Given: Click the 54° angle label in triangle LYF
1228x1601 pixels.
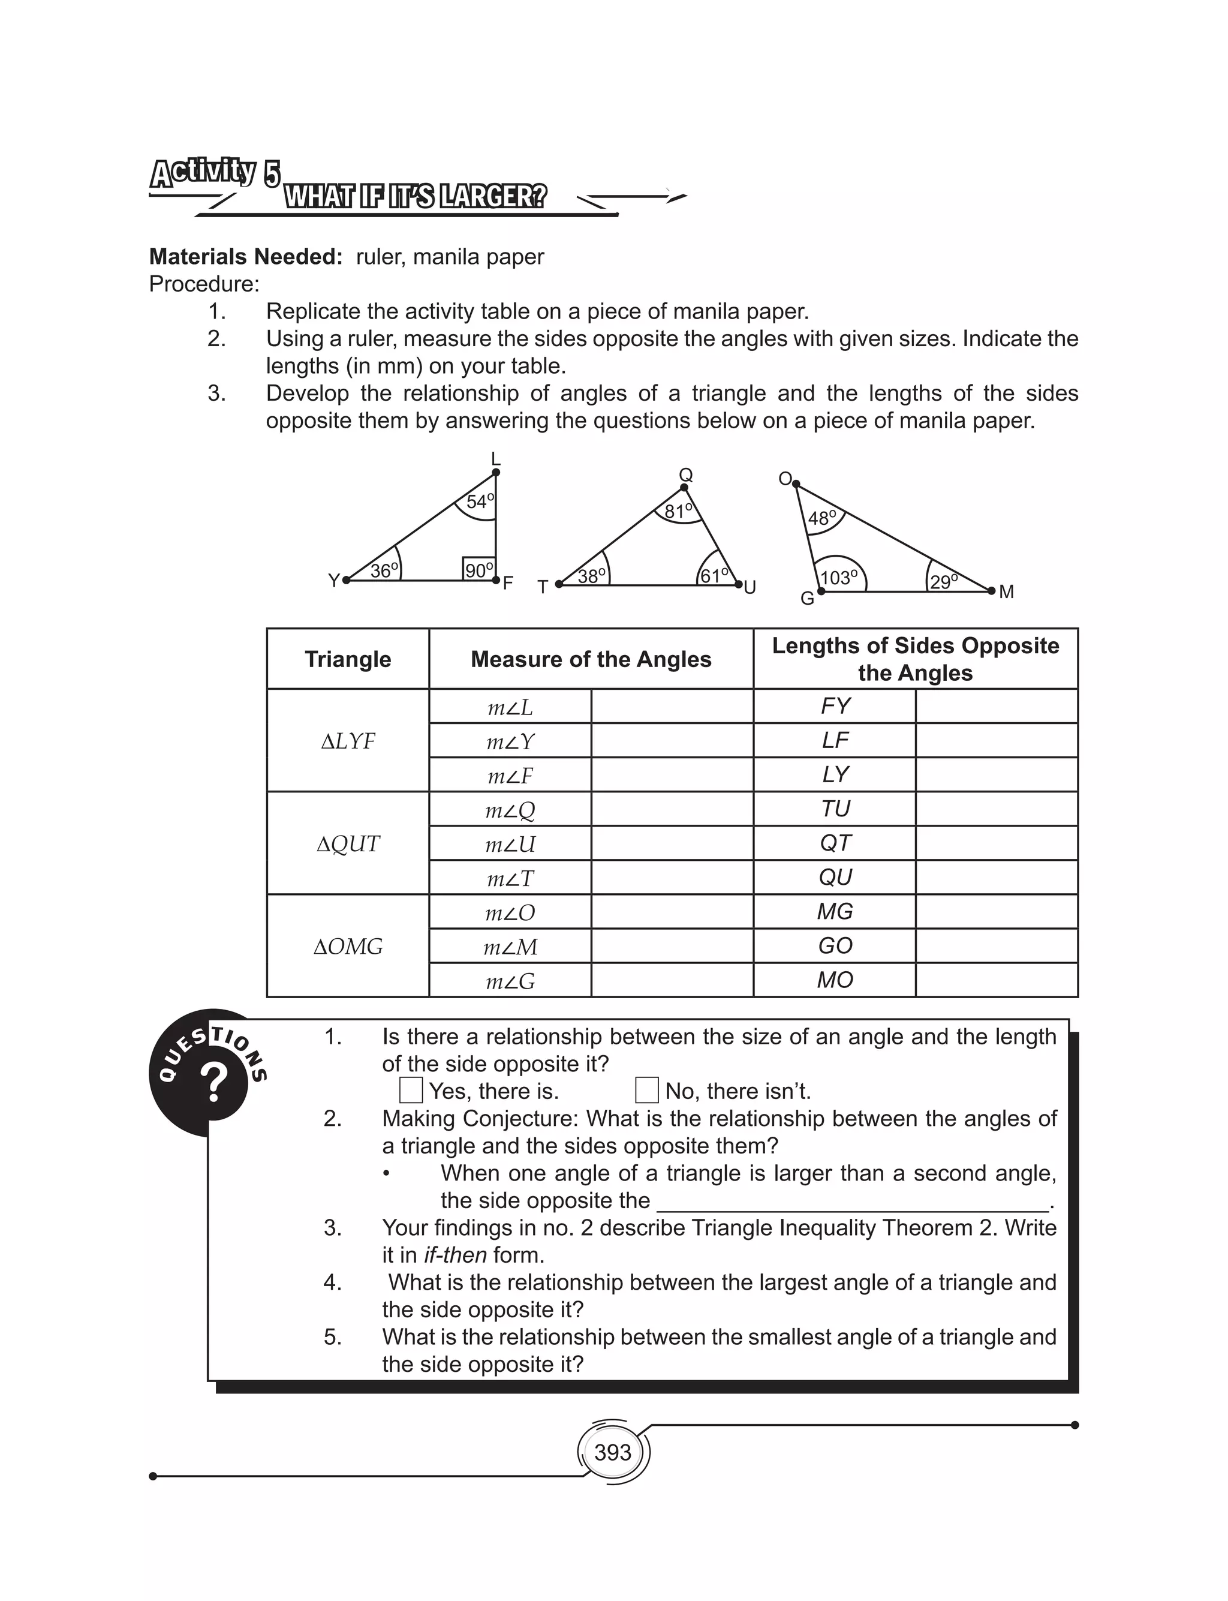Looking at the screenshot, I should pyautogui.click(x=480, y=501).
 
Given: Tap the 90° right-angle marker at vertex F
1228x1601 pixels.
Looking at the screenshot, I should pyautogui.click(x=478, y=569).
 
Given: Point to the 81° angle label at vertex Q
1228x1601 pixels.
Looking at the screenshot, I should pyautogui.click(x=678, y=510).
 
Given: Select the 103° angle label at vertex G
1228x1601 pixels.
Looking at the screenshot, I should pyautogui.click(x=838, y=578).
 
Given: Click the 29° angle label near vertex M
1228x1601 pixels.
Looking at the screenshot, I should pyautogui.click(x=944, y=581).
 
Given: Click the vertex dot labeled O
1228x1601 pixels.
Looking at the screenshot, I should pyautogui.click(x=796, y=484).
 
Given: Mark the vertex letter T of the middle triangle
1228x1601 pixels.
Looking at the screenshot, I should pyautogui.click(x=543, y=587).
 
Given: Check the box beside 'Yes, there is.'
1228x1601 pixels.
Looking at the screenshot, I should pyautogui.click(x=411, y=1090).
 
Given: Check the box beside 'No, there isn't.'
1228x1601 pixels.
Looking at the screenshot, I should pyautogui.click(x=647, y=1090).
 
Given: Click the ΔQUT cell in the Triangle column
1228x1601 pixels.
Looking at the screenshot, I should pyautogui.click(x=348, y=843).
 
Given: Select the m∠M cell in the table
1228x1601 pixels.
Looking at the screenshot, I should pyautogui.click(x=510, y=947).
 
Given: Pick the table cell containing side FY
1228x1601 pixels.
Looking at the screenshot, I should pyautogui.click(x=835, y=705).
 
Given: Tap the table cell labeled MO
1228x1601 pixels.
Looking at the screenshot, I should pyautogui.click(x=835, y=980).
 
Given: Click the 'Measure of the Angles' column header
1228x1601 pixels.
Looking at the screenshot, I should pyautogui.click(x=591, y=659).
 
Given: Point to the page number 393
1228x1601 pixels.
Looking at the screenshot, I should pyautogui.click(x=613, y=1452).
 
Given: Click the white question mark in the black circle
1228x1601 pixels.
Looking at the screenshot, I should pyautogui.click(x=213, y=1083).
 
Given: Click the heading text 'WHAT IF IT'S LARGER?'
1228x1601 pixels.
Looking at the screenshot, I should pyautogui.click(x=414, y=197).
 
